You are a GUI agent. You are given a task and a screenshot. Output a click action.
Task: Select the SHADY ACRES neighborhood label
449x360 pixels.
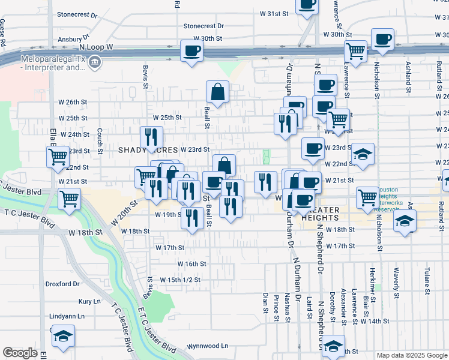(148, 149)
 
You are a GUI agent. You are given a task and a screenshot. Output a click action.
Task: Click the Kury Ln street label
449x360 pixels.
(89, 301)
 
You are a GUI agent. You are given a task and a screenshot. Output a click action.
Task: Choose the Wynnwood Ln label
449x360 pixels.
(208, 346)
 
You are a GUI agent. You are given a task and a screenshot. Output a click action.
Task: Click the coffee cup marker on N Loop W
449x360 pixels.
(192, 51)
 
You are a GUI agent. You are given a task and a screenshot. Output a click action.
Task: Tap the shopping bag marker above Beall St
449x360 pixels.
(217, 92)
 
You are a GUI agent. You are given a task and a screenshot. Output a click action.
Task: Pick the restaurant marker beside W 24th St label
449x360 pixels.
(151, 137)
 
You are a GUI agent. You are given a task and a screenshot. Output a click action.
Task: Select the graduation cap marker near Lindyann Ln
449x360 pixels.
(62, 337)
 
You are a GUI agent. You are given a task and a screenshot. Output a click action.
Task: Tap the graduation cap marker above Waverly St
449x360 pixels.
(405, 221)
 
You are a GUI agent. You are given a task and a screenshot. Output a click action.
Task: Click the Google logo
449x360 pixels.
(20, 353)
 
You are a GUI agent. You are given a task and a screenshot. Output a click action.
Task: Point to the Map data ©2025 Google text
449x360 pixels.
(412, 355)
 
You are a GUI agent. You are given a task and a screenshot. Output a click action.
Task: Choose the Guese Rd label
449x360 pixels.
(3, 33)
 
